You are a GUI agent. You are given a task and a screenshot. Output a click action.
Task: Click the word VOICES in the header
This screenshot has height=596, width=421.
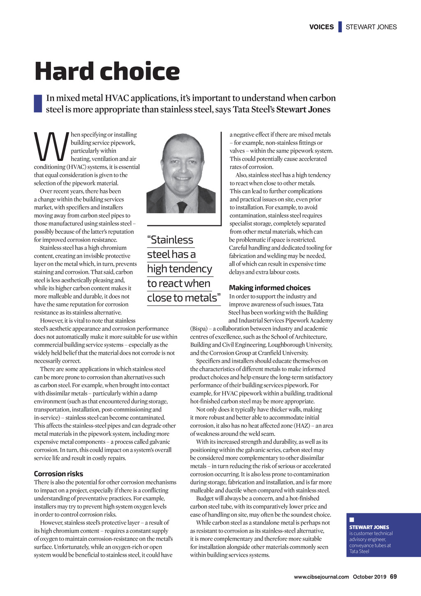click(x=322, y=27)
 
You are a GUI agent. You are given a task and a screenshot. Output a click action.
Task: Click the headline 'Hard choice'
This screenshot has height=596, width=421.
click(x=107, y=71)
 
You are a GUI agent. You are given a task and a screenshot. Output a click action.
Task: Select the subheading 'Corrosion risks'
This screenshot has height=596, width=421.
click(x=58, y=474)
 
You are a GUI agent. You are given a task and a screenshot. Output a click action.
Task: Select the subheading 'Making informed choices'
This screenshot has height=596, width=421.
click(x=270, y=288)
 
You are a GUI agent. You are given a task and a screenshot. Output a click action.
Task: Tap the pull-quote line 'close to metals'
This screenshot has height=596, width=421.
click(x=183, y=298)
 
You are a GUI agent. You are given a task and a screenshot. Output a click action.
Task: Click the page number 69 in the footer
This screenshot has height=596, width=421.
click(x=393, y=577)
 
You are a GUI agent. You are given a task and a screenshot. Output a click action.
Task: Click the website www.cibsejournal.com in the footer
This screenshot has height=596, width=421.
click(x=321, y=577)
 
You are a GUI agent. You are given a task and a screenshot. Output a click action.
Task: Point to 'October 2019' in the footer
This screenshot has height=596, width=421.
click(x=369, y=577)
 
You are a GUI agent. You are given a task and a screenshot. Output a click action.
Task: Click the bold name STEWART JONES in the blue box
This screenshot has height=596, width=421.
click(x=369, y=527)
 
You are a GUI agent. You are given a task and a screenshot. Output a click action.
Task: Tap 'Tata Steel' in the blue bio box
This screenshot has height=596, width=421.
click(x=359, y=552)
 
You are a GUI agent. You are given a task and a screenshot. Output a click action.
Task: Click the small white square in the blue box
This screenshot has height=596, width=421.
click(x=352, y=520)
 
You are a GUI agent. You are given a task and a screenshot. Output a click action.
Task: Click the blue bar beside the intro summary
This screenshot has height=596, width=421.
click(x=38, y=104)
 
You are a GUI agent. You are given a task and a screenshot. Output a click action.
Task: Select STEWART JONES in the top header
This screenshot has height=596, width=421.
click(x=371, y=27)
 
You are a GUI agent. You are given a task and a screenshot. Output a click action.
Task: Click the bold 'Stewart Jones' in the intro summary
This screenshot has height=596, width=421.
click(x=303, y=109)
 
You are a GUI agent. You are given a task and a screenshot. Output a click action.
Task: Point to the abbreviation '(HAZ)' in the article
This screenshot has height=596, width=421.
click(x=301, y=426)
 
